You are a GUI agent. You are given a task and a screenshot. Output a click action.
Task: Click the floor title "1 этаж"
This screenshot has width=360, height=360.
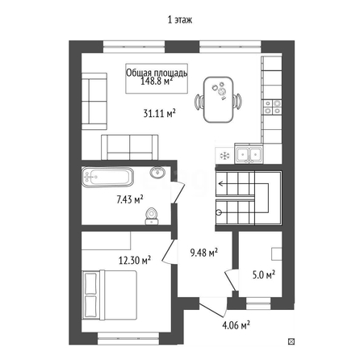tap(180, 20)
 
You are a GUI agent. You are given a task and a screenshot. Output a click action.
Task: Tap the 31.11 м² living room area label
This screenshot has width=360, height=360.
tap(159, 113)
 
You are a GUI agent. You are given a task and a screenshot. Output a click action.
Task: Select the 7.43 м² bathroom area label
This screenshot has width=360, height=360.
tap(129, 199)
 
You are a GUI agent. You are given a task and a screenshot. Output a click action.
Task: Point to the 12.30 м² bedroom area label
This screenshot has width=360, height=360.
tap(134, 260)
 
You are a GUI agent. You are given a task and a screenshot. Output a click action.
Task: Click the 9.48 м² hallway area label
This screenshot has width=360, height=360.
tap(203, 253)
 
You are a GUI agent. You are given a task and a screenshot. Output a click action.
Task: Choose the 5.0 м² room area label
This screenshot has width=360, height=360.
tap(263, 275)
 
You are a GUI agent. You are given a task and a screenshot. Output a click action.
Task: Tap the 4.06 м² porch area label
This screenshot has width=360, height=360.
tap(236, 325)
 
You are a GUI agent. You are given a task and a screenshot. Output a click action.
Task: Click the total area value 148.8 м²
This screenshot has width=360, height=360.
tap(157, 81)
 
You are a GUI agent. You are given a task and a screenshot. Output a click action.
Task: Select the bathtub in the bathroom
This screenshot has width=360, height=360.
tap(107, 177)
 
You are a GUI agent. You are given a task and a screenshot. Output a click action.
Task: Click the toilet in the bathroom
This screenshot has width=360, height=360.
tap(152, 216)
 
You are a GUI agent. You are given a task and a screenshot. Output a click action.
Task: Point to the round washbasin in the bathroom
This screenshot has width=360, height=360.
tap(157, 172)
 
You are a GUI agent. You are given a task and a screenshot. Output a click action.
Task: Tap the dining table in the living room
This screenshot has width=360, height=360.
tap(218, 99)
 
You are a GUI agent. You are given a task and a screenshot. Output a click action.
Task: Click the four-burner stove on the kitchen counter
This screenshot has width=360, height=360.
tap(273, 107)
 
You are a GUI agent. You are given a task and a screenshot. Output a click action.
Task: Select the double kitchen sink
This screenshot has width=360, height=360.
tap(249, 154)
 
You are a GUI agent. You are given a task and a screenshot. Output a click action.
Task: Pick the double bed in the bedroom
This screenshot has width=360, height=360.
tap(110, 295)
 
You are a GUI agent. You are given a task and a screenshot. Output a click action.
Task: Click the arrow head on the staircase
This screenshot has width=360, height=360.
tap(221, 184)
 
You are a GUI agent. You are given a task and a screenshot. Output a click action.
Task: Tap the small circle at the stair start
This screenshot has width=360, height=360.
tap(219, 212)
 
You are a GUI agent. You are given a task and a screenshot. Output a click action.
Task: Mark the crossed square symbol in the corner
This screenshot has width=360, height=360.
tap(291, 341)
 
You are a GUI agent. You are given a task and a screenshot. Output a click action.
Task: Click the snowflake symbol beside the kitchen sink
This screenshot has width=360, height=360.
tap(224, 156)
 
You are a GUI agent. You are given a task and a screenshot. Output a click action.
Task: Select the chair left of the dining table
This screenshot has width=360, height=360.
tap(199, 102)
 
